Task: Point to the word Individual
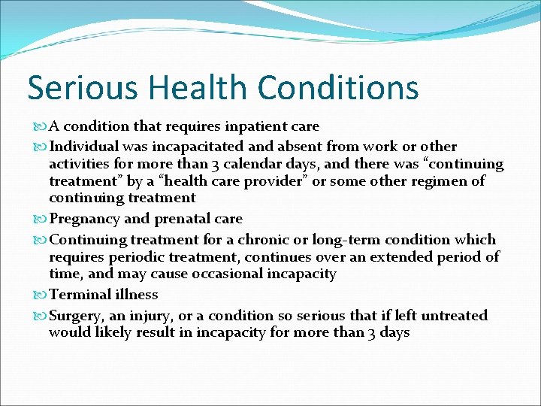tap(83, 147)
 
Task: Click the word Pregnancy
tap(83, 219)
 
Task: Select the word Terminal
tap(77, 295)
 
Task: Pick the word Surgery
tap(77, 316)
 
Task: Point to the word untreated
tap(451, 316)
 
